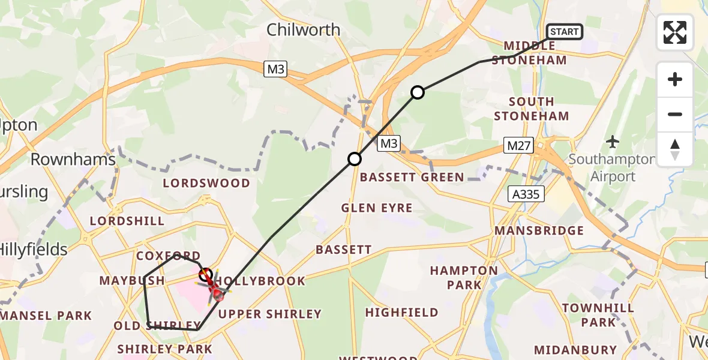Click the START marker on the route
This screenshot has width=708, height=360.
(564, 32)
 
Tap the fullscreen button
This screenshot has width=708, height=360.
(675, 32)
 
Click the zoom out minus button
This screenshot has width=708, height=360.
(675, 114)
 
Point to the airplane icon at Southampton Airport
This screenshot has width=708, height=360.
(613, 142)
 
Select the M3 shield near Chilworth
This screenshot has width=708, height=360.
(275, 70)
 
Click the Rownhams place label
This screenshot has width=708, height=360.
(73, 160)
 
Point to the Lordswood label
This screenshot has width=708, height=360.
(206, 183)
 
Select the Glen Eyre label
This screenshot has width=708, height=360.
(376, 208)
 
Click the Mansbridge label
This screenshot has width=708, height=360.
(539, 230)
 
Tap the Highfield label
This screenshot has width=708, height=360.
(401, 312)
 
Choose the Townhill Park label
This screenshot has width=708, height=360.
(598, 315)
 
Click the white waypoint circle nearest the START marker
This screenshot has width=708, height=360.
(418, 92)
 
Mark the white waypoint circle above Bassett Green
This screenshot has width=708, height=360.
(355, 159)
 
